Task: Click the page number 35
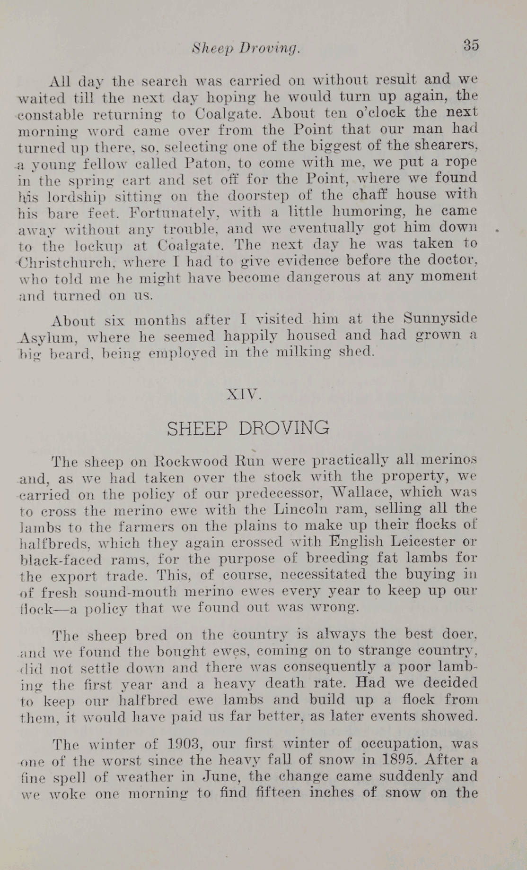[x=471, y=45]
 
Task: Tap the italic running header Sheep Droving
[x=246, y=48]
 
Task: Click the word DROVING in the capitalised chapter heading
[x=284, y=428]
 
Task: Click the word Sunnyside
[x=440, y=319]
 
